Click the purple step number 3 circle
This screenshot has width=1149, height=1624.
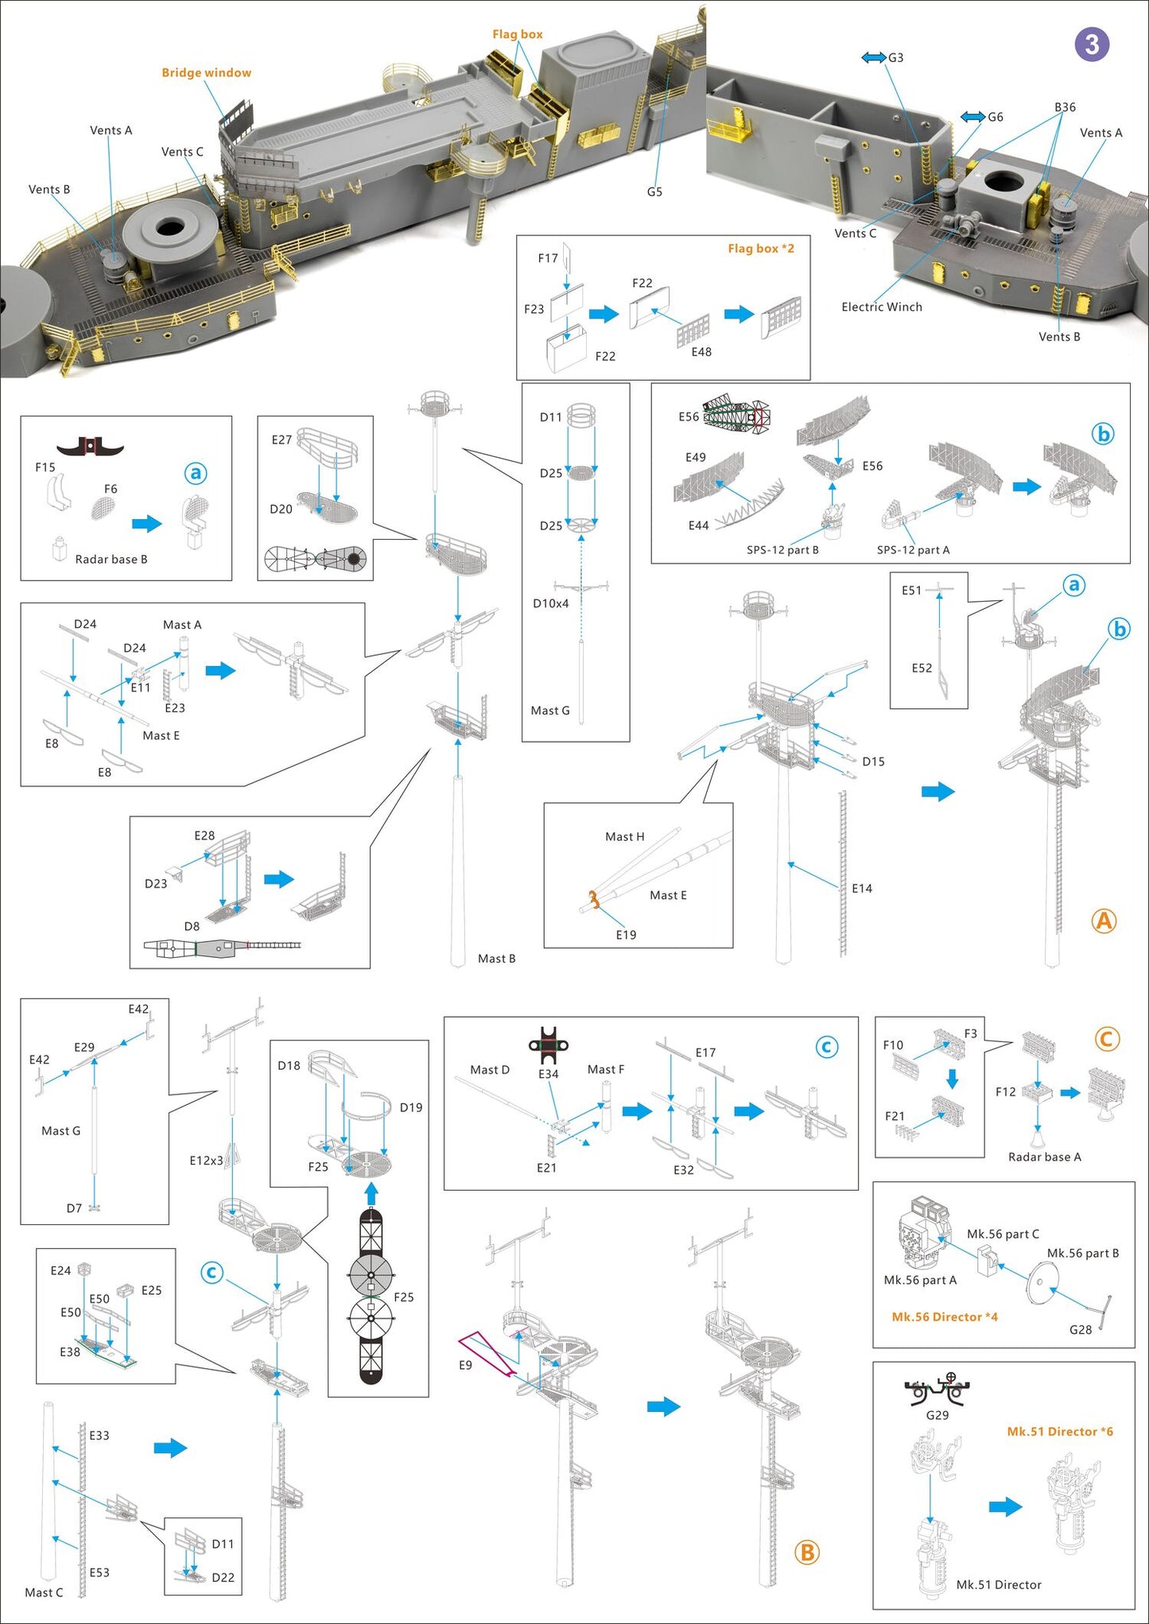[1092, 45]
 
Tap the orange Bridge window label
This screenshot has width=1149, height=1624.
[206, 72]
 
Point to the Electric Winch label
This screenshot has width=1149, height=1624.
[881, 307]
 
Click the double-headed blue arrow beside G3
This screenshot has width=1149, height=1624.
[873, 57]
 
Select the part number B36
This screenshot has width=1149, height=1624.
[1065, 107]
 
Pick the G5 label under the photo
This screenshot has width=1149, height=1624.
[654, 192]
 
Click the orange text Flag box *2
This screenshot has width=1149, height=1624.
[760, 248]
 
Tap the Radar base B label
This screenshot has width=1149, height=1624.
[111, 559]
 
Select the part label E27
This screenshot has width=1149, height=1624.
[281, 439]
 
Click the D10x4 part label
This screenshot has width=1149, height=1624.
[550, 603]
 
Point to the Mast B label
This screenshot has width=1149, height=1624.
[496, 959]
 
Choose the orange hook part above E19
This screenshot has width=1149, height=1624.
[592, 901]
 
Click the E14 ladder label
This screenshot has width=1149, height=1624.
[862, 888]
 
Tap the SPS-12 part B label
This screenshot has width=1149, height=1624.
[782, 549]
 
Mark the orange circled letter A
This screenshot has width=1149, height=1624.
[1104, 921]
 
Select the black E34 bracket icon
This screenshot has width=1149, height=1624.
[549, 1045]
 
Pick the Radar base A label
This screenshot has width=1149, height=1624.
[1044, 1157]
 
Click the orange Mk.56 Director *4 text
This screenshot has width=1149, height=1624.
[944, 1317]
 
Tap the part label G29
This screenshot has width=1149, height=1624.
[937, 1415]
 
